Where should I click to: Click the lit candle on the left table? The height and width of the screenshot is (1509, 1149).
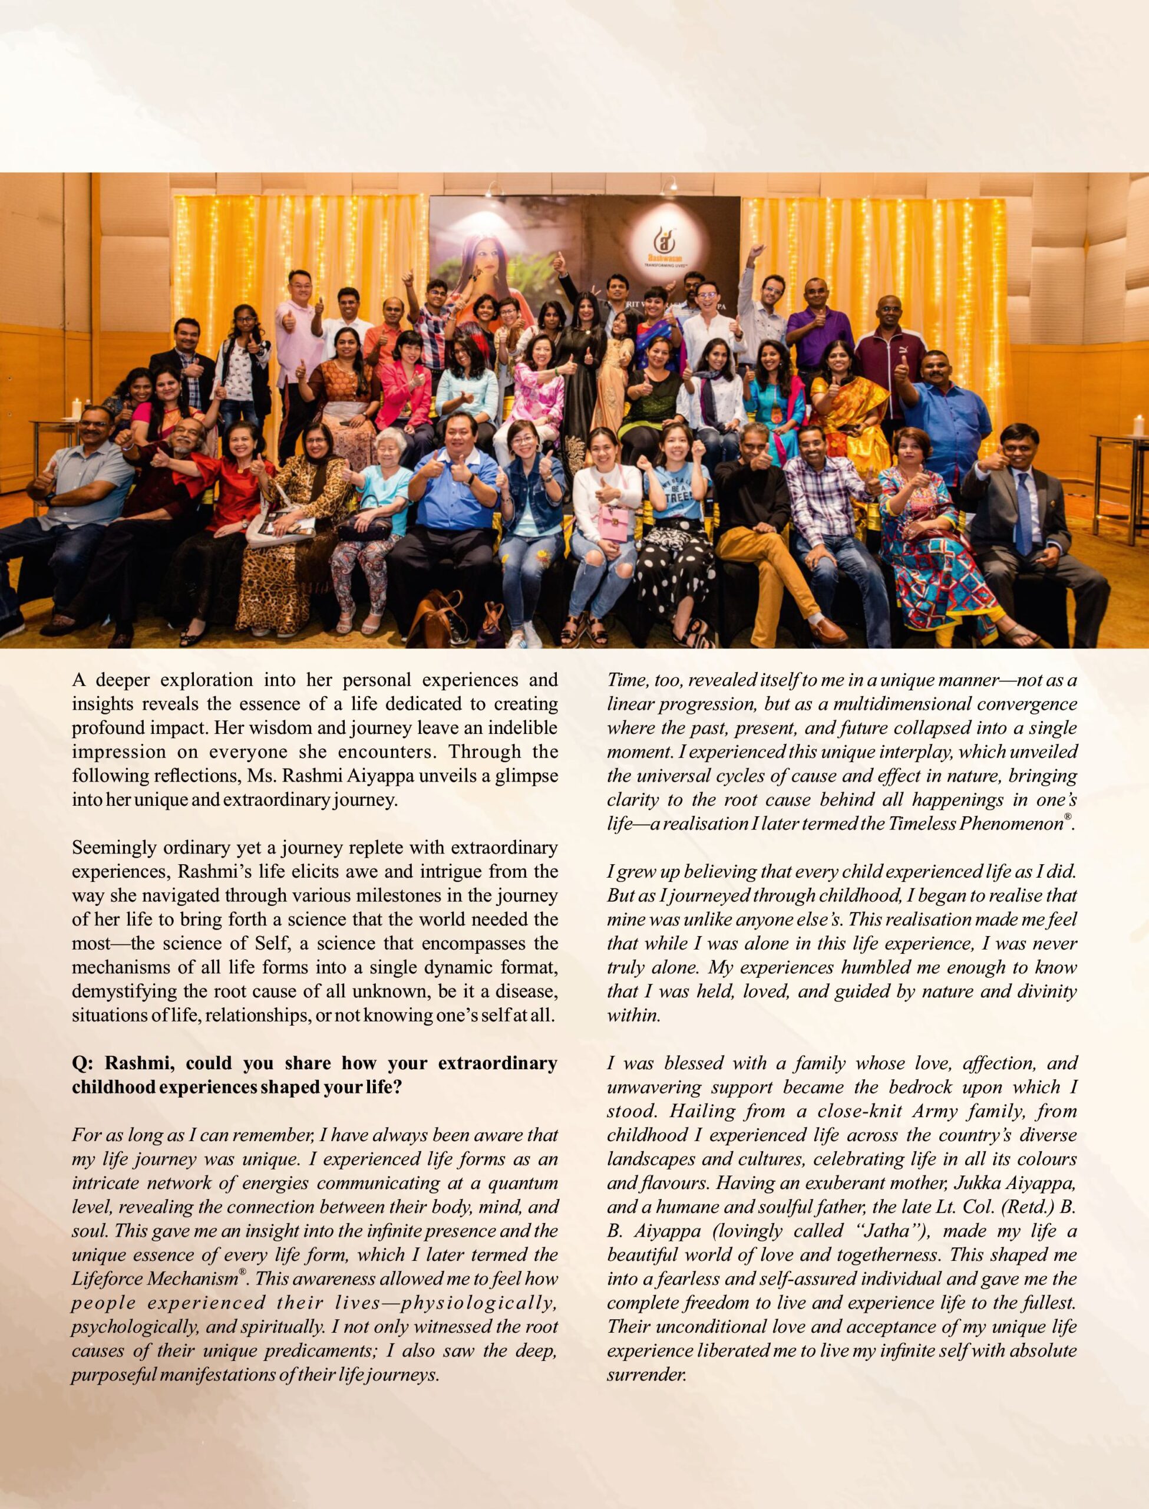(76, 410)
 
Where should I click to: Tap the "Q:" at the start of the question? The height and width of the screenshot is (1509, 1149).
(84, 1063)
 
